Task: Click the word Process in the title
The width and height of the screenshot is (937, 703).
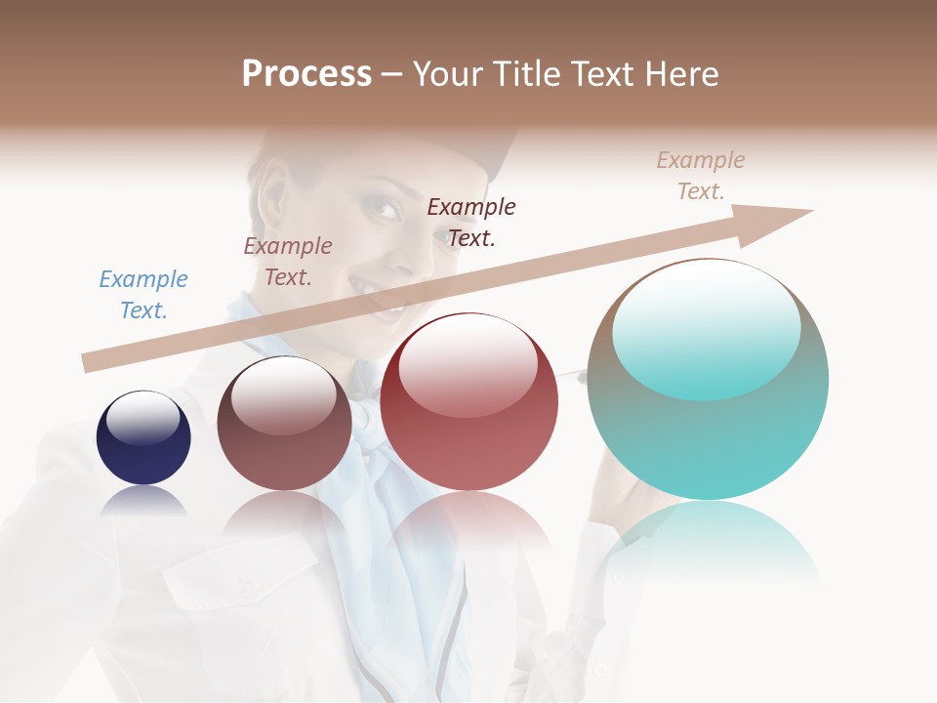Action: pos(306,74)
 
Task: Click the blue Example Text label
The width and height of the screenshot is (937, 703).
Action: pos(143,295)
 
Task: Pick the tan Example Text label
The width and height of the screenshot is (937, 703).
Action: pos(701,176)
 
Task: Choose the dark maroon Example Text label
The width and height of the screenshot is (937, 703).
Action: pos(471,222)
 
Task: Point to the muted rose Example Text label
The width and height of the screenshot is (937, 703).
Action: pos(288,262)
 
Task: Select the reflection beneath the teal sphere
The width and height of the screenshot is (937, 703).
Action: pos(710,537)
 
